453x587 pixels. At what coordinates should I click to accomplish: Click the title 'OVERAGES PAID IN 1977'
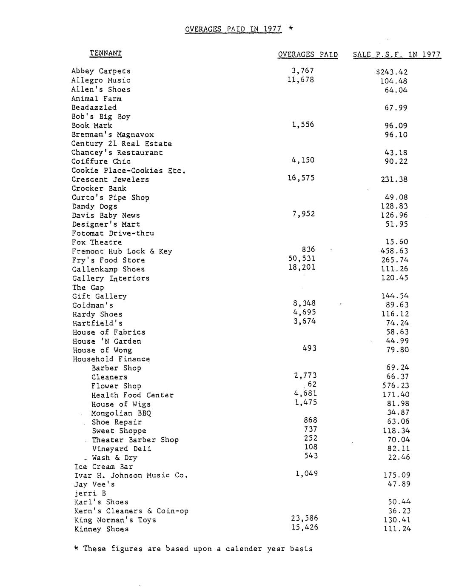233,29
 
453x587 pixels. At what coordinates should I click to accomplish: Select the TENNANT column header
105,53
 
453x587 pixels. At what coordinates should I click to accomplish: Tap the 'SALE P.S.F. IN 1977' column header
396,54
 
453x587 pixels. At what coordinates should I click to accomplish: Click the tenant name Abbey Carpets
101,71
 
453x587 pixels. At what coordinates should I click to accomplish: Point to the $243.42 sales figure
392,72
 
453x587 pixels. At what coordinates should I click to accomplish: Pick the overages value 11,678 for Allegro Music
301,80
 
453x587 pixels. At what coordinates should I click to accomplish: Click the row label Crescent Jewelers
110,180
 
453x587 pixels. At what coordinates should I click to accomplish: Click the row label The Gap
88,288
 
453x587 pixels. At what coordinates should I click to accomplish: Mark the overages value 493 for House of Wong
309,348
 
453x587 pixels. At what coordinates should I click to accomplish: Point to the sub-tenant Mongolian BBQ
121,413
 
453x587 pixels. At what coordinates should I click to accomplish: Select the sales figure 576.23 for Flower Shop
396,386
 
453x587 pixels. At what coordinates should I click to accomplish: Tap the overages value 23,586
305,518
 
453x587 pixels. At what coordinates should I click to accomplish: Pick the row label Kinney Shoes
101,529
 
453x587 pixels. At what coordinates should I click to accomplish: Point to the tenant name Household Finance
111,359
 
